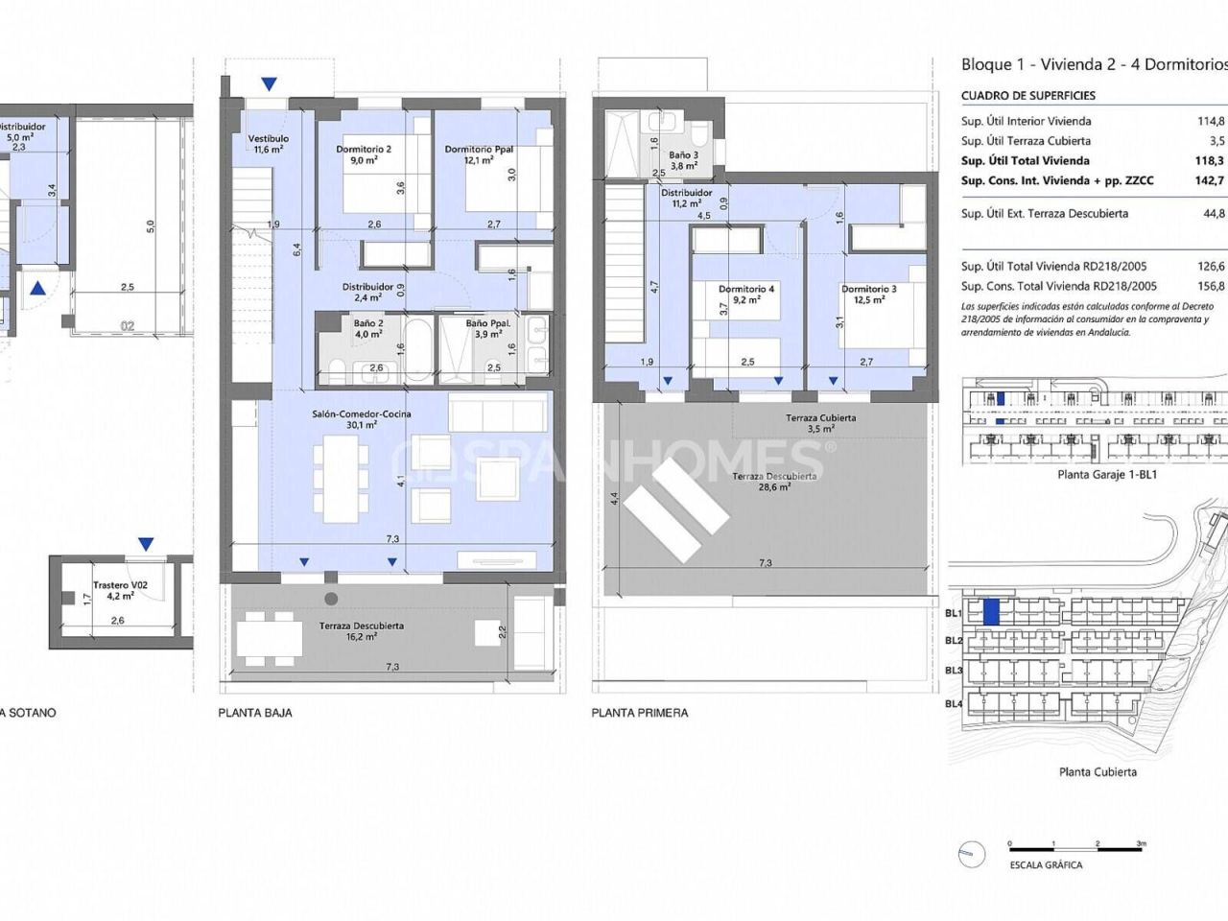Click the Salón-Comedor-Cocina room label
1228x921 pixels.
(x=361, y=414)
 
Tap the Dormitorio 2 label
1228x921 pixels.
(x=364, y=150)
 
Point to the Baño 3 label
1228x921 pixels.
(x=683, y=155)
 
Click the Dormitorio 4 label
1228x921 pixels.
(x=745, y=289)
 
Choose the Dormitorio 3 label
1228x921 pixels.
(x=868, y=290)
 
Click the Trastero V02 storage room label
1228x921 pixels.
(x=120, y=585)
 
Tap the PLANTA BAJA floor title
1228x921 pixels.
(x=255, y=713)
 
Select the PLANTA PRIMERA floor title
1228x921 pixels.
(x=639, y=713)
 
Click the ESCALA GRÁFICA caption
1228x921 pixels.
(x=1046, y=865)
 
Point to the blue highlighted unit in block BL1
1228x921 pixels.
(x=992, y=611)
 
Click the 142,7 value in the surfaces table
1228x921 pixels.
(x=1210, y=180)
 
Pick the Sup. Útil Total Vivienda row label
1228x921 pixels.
(x=1025, y=161)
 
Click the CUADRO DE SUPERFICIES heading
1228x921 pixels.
(x=1027, y=96)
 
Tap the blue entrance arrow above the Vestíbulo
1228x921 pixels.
(x=272, y=84)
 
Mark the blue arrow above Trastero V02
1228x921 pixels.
(x=145, y=544)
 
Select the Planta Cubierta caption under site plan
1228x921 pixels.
(x=1098, y=771)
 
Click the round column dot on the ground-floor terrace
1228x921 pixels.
(x=331, y=599)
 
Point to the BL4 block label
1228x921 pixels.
(x=954, y=704)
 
